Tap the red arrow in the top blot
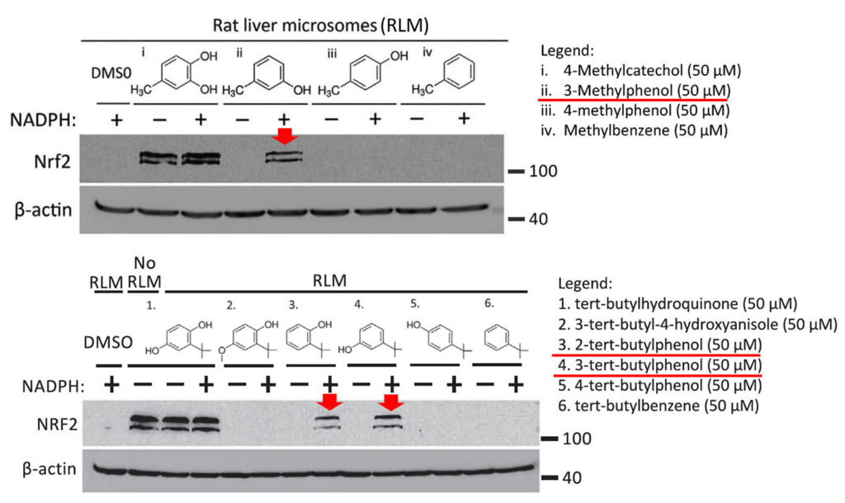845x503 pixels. tap(284, 135)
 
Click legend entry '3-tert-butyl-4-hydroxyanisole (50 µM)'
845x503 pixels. tap(698, 323)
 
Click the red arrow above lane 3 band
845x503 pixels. tap(330, 402)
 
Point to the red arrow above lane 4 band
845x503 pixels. tap(391, 402)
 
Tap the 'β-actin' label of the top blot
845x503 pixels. tap(41, 210)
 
